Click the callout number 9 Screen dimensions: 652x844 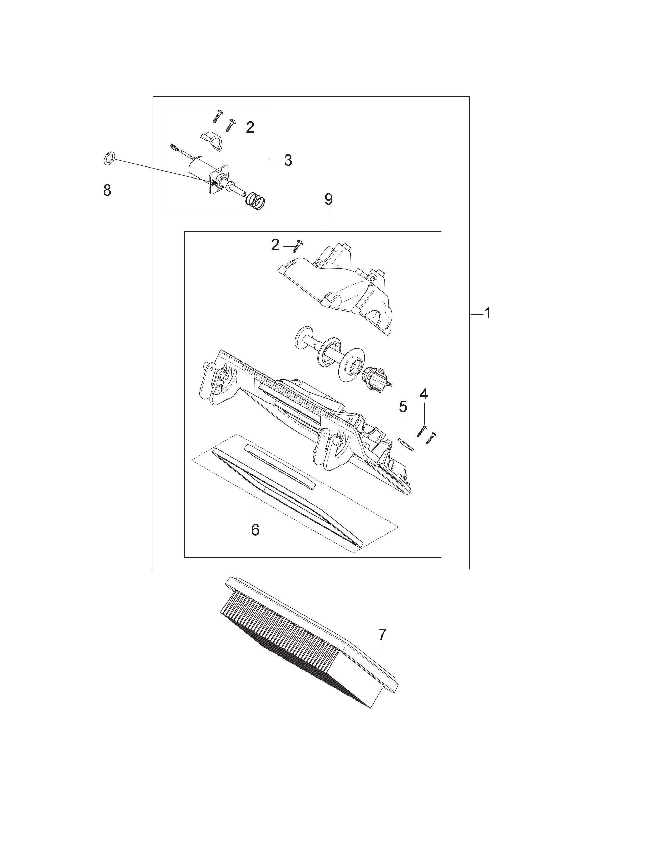tap(328, 199)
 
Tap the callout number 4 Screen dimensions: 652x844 tap(424, 395)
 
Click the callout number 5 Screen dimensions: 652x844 tap(403, 407)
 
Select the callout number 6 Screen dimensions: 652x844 tap(255, 530)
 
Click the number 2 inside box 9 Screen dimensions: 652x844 tap(275, 245)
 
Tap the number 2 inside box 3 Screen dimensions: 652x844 tap(250, 127)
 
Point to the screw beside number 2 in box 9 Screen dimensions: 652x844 tap(299, 245)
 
